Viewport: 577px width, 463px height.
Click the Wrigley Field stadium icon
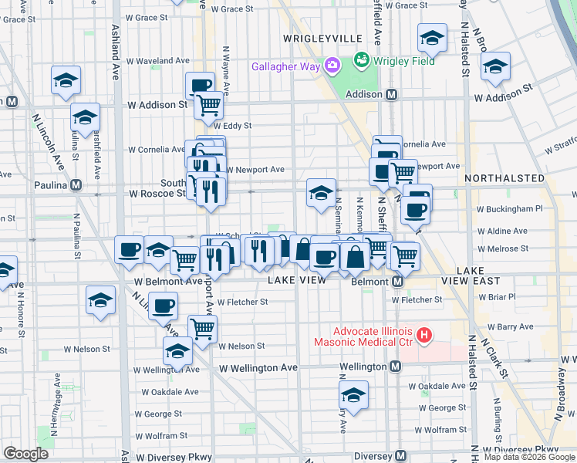coord(361,59)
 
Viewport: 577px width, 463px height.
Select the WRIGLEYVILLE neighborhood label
coord(322,38)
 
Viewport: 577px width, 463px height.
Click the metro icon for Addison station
coord(391,95)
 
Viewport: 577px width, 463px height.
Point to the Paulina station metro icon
coord(76,185)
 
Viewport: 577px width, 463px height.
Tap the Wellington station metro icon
coord(393,367)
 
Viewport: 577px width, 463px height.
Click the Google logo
coord(25,454)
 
